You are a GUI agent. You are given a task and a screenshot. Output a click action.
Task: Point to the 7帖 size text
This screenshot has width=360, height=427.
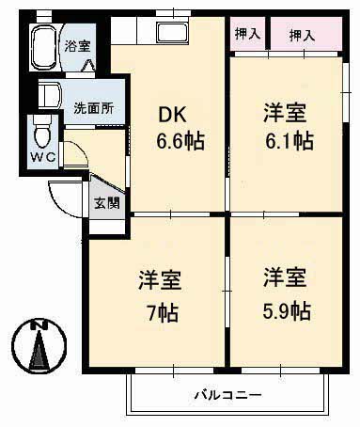pyautogui.click(x=161, y=309)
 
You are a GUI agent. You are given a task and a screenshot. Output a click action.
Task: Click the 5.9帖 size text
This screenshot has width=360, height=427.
pyautogui.click(x=287, y=309)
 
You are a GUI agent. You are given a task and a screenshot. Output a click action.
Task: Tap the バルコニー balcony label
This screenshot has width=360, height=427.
pyautogui.click(x=228, y=393)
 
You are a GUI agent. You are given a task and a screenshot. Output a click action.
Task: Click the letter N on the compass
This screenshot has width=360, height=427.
pyautogui.click(x=39, y=326)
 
